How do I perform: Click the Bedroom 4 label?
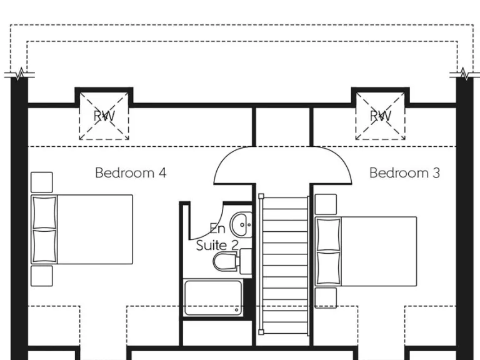131,172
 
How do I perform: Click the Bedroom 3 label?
404,172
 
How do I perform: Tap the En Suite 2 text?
217,237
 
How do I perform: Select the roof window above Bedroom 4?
104,116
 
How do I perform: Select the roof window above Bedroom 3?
381,116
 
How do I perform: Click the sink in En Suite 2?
241,223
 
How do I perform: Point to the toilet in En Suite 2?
226,261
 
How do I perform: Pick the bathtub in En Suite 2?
213,297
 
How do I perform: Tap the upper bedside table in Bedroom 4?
42,182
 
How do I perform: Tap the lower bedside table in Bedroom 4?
42,276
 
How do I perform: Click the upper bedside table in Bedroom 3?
326,204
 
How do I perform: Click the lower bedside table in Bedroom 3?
326,298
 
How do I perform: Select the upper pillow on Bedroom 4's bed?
44,212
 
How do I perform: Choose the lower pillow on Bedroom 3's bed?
328,267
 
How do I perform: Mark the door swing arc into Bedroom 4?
232,166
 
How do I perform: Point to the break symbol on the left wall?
20,74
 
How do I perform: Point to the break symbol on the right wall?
464,74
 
